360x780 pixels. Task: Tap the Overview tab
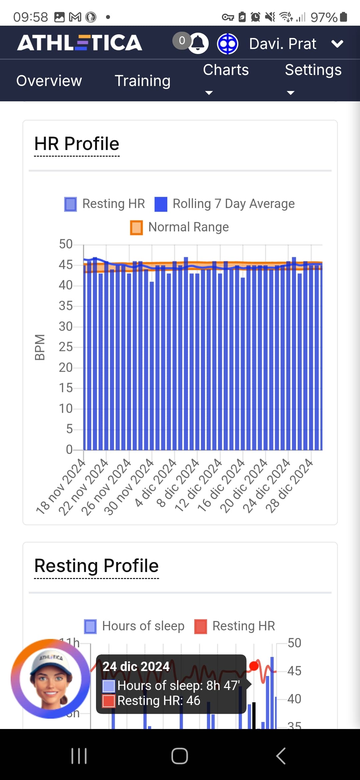49,81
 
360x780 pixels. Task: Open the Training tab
142,81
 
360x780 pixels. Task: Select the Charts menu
226,70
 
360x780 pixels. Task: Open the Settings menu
313,70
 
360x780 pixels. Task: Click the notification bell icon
198,43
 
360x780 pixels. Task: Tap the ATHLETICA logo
80,43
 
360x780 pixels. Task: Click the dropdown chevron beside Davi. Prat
337,44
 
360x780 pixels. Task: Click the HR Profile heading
77,144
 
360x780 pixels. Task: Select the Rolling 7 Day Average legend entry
225,204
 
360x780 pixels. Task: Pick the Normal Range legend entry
180,227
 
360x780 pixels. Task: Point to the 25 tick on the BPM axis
66,347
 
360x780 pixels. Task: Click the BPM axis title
40,347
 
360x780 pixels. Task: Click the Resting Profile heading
96,566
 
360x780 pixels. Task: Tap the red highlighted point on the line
254,666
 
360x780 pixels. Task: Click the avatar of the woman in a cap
50,679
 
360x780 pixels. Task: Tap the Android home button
180,756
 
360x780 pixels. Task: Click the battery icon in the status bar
344,17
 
